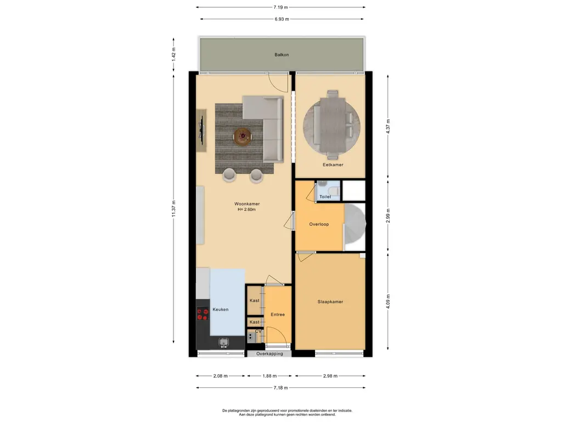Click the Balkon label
point(282,55)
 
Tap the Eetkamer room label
point(333,165)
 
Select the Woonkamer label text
point(247,204)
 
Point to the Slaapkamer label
point(330,302)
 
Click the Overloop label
point(319,224)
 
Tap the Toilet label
point(325,197)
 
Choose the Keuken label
point(221,309)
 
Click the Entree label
point(278,314)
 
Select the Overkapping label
point(269,354)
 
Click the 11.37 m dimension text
point(174,208)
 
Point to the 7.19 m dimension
point(280,7)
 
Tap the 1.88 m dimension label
point(269,376)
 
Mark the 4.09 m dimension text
point(388,302)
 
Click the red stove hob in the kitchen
point(203,314)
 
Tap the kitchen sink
point(224,342)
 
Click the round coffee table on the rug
point(243,136)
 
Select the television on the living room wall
point(202,130)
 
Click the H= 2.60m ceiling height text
point(246,209)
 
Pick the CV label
point(258,331)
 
